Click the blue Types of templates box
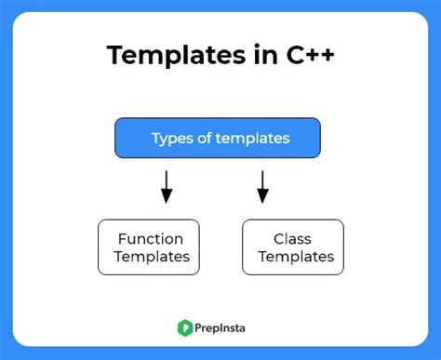click(218, 138)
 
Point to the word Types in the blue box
click(170, 139)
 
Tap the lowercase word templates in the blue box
click(250, 139)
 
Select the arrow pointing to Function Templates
click(167, 185)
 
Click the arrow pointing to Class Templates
click(263, 185)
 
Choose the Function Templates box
click(149, 247)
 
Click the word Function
click(150, 238)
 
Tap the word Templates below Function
click(150, 257)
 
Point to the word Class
click(291, 238)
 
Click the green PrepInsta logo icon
click(185, 327)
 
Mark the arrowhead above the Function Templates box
click(167, 197)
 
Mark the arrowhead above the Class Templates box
click(263, 197)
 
